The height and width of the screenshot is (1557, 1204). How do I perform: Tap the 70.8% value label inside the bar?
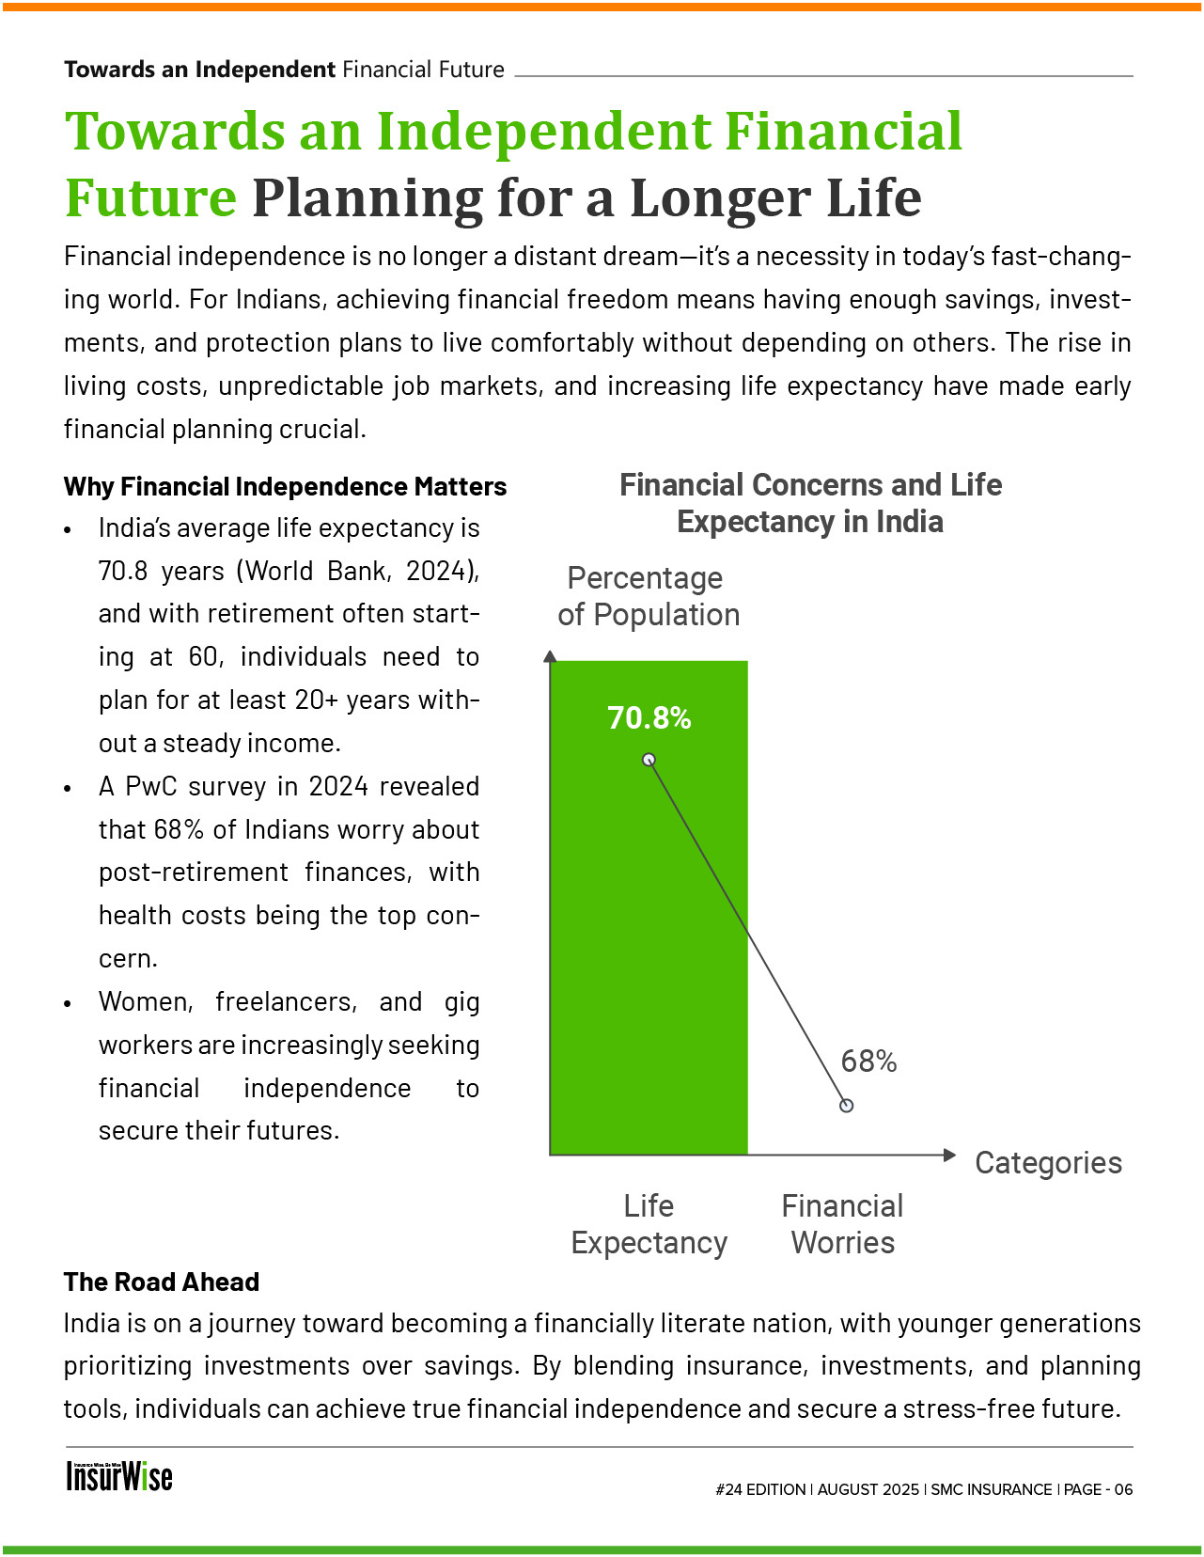pyautogui.click(x=649, y=718)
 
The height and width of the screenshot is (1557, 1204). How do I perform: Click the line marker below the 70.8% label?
pyautogui.click(x=649, y=760)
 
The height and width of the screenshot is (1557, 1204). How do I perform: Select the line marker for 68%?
pyautogui.click(x=846, y=1106)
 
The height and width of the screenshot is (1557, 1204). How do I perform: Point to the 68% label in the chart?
pyautogui.click(x=868, y=1062)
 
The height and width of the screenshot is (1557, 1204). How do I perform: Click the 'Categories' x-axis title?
pyautogui.click(x=1048, y=1163)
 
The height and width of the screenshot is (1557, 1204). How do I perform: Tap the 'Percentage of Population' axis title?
pyautogui.click(x=648, y=596)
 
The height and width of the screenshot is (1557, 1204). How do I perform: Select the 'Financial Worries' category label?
pyautogui.click(x=842, y=1224)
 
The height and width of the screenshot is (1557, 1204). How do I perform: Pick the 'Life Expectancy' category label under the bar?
pyautogui.click(x=649, y=1224)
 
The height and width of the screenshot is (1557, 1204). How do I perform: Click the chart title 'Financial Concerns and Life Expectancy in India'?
pyautogui.click(x=810, y=503)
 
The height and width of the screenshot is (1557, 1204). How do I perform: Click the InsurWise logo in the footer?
pyautogui.click(x=119, y=1476)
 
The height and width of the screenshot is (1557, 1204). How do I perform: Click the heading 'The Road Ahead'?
pyautogui.click(x=162, y=1282)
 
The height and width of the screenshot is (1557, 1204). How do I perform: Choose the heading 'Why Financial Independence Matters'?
pyautogui.click(x=285, y=486)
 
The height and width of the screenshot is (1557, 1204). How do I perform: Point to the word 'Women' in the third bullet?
pyautogui.click(x=146, y=1001)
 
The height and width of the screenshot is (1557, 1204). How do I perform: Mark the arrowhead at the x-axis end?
pyautogui.click(x=949, y=1155)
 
